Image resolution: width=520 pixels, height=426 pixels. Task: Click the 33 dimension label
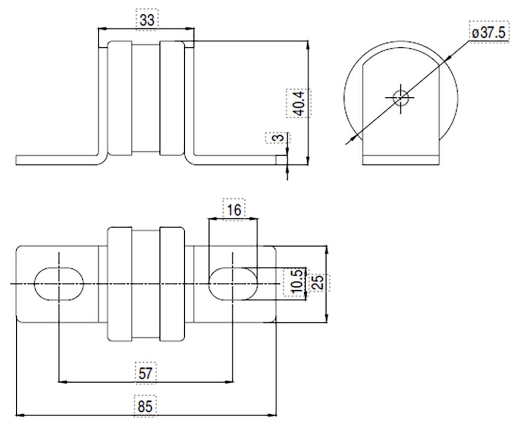(147, 20)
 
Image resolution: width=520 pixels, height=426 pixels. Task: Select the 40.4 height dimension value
(298, 103)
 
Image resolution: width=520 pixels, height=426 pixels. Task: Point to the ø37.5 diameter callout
(487, 33)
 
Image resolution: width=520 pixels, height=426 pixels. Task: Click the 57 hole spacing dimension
(146, 372)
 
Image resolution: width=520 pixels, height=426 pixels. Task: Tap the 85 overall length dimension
(146, 407)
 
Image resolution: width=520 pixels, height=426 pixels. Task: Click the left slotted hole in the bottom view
(58, 283)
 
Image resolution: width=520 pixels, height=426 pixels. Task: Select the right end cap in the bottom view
(171, 283)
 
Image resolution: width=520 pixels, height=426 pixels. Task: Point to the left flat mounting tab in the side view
(56, 160)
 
